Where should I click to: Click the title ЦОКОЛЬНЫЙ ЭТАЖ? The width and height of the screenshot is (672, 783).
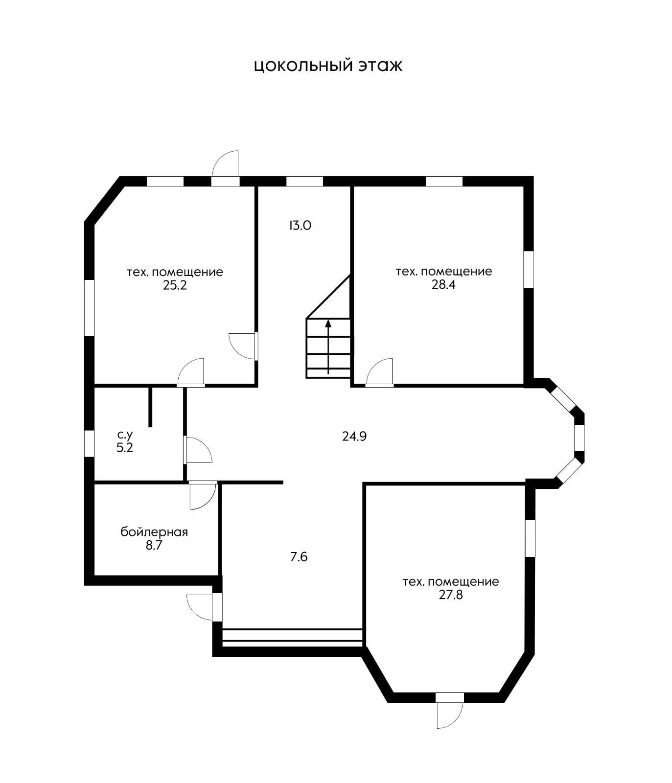(x=328, y=66)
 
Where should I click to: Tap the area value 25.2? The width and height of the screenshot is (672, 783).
(x=175, y=285)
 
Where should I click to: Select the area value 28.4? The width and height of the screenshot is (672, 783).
(x=443, y=285)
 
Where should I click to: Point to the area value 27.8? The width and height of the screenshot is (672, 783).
(x=451, y=595)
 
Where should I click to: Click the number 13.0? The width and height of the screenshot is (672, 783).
(x=300, y=226)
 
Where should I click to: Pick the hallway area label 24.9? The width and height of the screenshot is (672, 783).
(x=354, y=436)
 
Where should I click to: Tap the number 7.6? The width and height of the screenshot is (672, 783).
(x=299, y=557)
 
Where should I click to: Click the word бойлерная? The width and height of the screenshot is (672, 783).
(x=154, y=532)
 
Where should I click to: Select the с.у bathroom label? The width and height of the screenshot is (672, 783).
(x=125, y=435)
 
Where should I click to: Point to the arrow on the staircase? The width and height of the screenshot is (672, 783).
(x=328, y=346)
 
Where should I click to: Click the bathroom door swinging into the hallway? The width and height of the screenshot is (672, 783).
(x=197, y=449)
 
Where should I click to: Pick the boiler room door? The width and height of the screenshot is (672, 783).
(x=202, y=495)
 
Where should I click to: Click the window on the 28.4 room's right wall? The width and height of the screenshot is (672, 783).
(x=529, y=269)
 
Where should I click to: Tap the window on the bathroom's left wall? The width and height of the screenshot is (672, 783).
(x=89, y=444)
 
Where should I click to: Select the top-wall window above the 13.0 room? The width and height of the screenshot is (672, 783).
(x=304, y=181)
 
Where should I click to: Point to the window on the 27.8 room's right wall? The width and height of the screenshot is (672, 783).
(x=530, y=538)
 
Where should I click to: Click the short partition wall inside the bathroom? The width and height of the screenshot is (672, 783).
(x=150, y=407)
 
